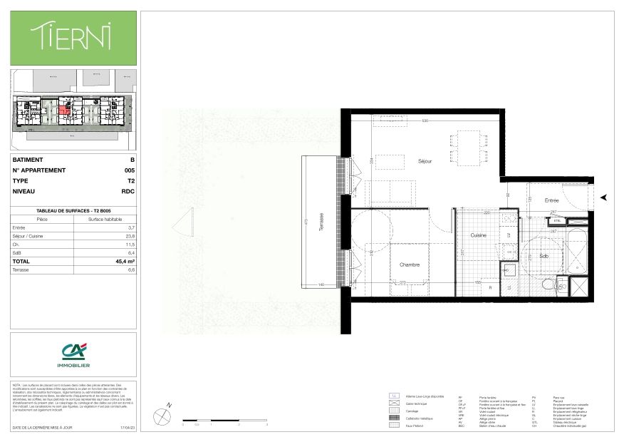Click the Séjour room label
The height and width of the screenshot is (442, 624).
(425, 161)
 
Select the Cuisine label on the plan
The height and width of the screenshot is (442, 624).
(477, 235)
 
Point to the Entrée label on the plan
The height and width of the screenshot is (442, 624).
(553, 201)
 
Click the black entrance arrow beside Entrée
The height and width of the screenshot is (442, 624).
(604, 197)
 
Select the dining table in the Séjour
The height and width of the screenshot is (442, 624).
(469, 148)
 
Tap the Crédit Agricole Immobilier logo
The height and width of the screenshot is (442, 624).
(73, 355)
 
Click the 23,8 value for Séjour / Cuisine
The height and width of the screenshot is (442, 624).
(129, 235)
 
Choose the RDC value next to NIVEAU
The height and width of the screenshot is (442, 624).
(128, 191)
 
